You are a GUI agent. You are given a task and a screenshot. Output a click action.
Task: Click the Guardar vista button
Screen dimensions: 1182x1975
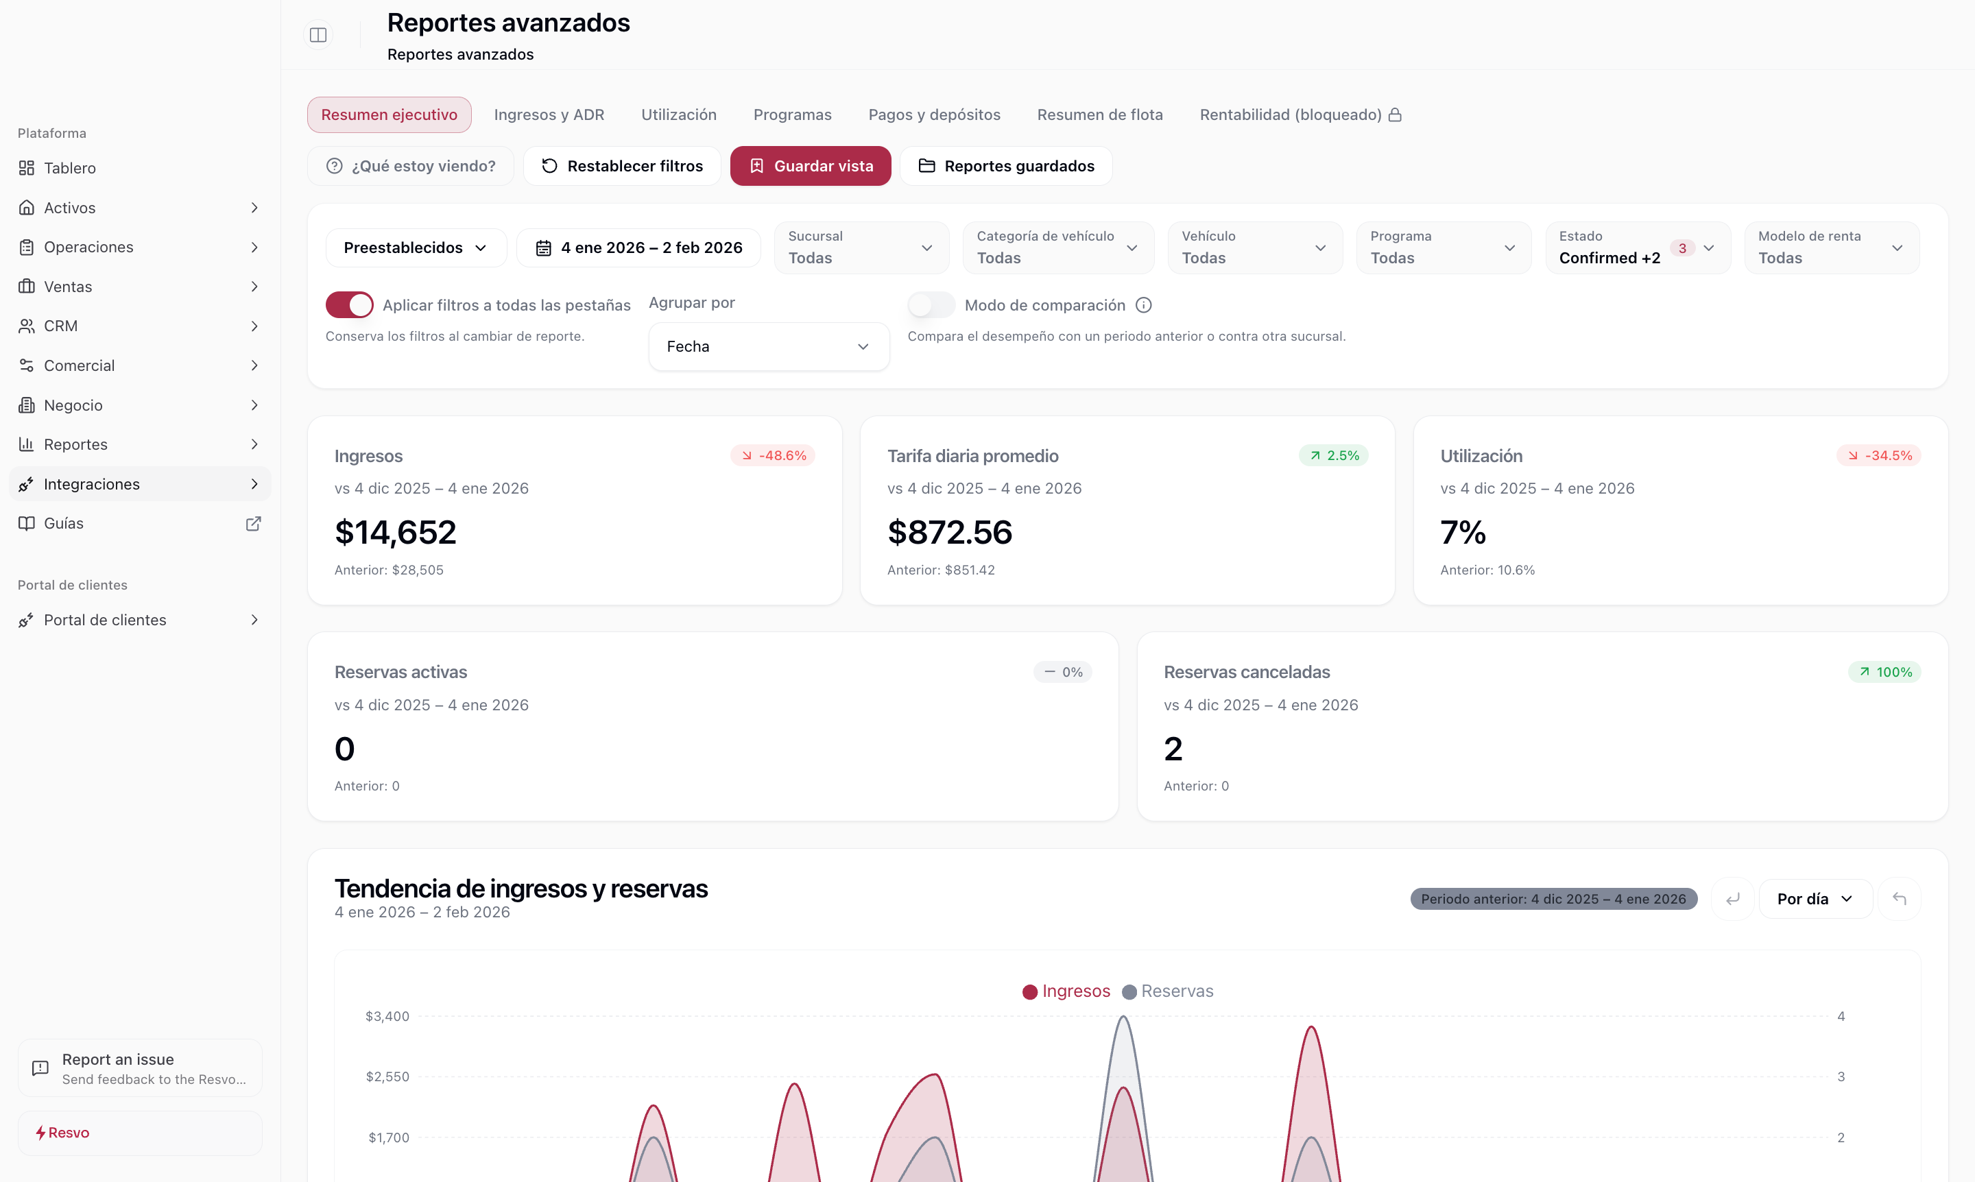point(811,166)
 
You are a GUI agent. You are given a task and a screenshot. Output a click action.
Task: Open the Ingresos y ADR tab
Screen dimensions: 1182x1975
point(549,114)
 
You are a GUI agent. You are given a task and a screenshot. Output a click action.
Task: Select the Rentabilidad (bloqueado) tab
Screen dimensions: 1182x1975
point(1300,114)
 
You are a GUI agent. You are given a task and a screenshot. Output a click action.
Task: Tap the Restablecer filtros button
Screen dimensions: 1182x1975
point(622,166)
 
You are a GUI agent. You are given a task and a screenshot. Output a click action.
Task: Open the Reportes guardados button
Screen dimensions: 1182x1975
point(1006,166)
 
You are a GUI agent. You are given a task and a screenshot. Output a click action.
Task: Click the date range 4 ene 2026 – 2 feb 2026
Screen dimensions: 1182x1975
point(639,248)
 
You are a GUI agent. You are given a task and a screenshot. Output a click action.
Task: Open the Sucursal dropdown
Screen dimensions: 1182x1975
point(861,248)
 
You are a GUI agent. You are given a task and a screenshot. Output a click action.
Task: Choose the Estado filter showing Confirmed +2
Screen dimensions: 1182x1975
point(1637,248)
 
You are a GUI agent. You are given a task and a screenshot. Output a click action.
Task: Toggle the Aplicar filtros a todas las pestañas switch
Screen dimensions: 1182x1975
point(349,305)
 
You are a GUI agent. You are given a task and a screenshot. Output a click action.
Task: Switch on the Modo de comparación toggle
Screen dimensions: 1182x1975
point(931,305)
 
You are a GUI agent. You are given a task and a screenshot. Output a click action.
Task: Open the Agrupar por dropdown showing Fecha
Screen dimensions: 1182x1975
point(768,346)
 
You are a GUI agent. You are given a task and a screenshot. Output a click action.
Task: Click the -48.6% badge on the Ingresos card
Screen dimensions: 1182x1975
point(773,456)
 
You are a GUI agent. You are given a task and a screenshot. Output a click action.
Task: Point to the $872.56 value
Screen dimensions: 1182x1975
point(950,532)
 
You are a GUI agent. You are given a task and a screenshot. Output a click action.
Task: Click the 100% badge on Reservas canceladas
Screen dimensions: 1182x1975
point(1884,672)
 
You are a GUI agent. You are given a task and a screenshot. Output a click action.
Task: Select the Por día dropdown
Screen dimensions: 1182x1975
point(1815,898)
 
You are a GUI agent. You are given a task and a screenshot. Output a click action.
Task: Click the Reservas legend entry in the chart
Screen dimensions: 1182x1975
point(1168,991)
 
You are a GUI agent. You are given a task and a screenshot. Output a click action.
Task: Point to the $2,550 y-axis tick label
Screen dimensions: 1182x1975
point(387,1077)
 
